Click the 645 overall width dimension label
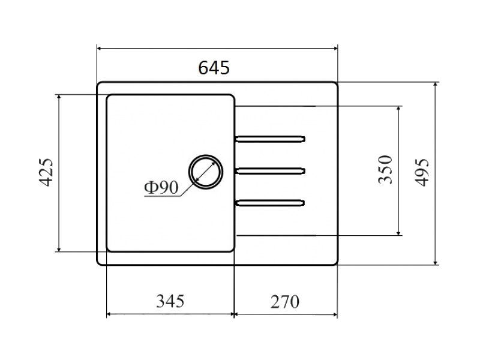214,68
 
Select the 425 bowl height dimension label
46,172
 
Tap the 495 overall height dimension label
422,172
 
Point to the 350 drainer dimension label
385,170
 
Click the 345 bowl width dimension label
170,301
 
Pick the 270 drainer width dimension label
284,302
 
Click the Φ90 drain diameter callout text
161,188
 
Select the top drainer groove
270,139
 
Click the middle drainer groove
270,171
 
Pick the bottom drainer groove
270,203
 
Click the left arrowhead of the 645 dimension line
100,48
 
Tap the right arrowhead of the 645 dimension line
334,48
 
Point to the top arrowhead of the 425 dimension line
59,98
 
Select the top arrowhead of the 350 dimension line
398,110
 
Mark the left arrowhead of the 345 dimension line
110,314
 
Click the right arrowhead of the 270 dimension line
334,314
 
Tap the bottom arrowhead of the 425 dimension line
59,248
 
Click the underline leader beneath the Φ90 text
162,196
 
